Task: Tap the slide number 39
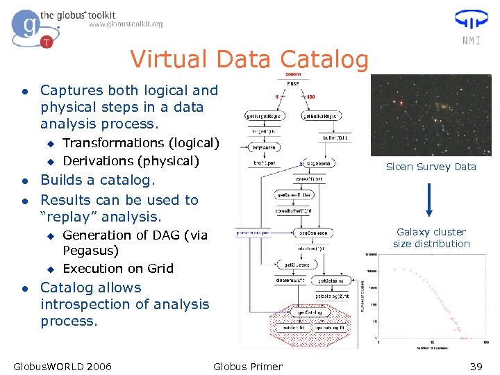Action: pos(476,366)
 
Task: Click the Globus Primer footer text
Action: pos(248,366)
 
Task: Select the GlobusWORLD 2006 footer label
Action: pos(62,366)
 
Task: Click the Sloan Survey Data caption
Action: pos(431,167)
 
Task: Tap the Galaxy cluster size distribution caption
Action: pos(431,237)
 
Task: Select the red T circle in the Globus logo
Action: pos(47,42)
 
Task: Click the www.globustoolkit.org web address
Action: pos(126,24)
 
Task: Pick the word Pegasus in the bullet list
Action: pos(91,251)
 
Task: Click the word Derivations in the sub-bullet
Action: pos(98,161)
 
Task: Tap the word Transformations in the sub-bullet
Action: pos(112,143)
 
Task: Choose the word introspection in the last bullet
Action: pos(86,304)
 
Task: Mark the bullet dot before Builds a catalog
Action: pos(24,181)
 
